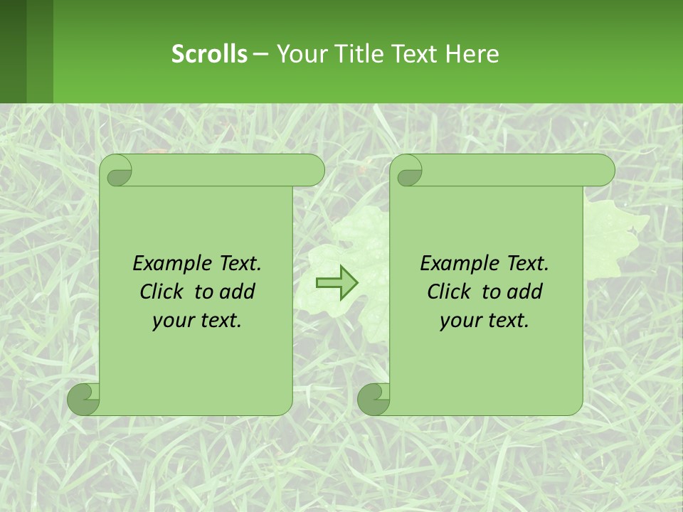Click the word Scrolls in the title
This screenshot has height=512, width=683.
coord(209,53)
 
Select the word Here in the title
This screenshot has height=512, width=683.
coord(472,53)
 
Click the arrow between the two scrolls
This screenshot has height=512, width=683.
coord(337,282)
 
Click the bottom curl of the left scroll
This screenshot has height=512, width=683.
coord(83,399)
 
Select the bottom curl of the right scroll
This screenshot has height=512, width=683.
coord(373,399)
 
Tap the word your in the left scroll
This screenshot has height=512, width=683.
coord(172,321)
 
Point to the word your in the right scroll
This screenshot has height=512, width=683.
coord(460,321)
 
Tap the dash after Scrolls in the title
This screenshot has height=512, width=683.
coord(260,53)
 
